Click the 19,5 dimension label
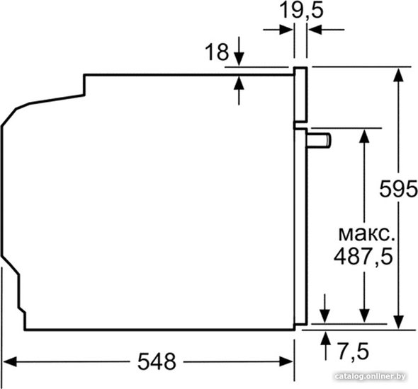302,11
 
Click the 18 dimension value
217,52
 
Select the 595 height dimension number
398,189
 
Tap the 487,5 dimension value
363,257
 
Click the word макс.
366,234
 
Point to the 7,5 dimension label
354,351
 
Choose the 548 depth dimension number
157,361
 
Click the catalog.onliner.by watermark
371,376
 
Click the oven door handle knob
319,140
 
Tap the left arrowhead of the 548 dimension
10,361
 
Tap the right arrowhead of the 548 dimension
286,361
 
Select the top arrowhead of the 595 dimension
398,75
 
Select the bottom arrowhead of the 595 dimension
398,322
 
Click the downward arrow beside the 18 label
239,51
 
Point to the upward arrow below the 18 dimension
239,91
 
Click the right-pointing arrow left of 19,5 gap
278,30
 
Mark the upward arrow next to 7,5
325,346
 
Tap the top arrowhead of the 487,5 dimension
364,136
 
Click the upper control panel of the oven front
301,95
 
